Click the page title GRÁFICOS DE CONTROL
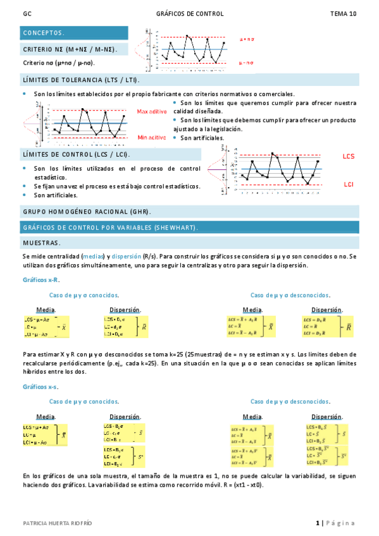(189, 14)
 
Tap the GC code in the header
(27, 14)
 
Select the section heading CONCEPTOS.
(43, 32)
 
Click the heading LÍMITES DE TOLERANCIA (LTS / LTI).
(81, 80)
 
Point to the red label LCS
(349, 155)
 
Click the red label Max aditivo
(151, 111)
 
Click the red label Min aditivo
(151, 137)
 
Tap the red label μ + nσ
(247, 39)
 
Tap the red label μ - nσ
(247, 63)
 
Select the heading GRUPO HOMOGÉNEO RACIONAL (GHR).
(87, 212)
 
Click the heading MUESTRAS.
(42, 242)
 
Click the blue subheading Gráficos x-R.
(42, 279)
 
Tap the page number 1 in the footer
(318, 523)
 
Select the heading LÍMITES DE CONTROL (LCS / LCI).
(76, 154)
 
